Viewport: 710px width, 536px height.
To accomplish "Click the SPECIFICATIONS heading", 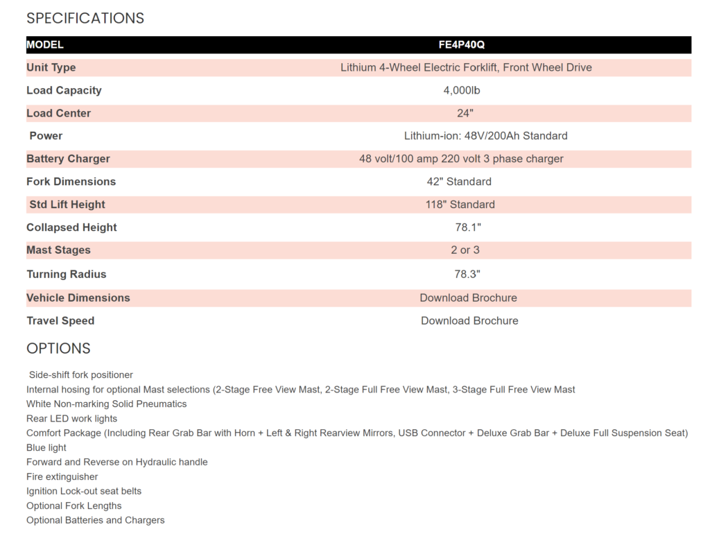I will (85, 18).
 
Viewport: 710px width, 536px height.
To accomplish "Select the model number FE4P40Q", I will (462, 44).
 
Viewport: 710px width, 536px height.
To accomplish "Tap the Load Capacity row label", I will (64, 90).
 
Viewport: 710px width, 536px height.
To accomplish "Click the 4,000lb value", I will (462, 90).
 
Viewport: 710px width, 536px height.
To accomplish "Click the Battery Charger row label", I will (68, 159).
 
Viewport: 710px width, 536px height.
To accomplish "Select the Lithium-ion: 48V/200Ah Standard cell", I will (485, 136).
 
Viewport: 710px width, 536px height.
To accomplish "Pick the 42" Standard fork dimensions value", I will (459, 182).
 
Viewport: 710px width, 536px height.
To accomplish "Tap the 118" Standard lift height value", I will (460, 205).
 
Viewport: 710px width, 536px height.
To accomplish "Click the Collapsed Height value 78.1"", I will (468, 227).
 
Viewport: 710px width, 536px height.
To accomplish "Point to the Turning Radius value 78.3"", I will (467, 274).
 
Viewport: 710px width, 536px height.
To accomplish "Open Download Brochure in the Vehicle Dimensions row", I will (468, 297).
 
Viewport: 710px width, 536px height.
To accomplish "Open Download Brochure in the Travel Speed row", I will (469, 321).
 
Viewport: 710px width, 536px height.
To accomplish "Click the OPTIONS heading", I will (58, 348).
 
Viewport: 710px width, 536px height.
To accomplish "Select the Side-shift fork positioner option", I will (80, 375).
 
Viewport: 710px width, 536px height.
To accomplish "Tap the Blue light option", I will (46, 448).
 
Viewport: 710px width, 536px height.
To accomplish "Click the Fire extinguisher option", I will (62, 477).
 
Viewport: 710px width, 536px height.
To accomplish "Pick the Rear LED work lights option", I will (72, 419).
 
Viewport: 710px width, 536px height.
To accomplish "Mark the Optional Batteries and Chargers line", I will (96, 520).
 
